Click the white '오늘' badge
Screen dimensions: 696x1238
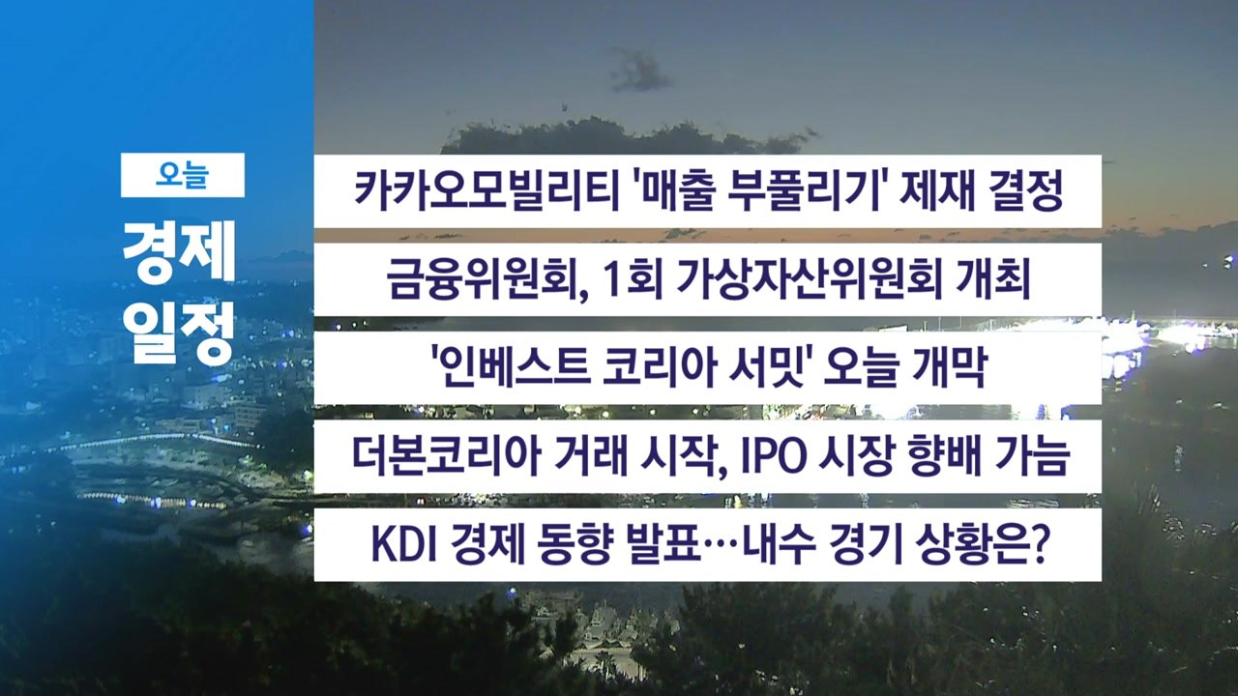pos(182,175)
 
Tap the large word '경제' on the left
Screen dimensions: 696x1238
pos(180,257)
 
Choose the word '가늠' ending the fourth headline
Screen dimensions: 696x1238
pos(1034,456)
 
